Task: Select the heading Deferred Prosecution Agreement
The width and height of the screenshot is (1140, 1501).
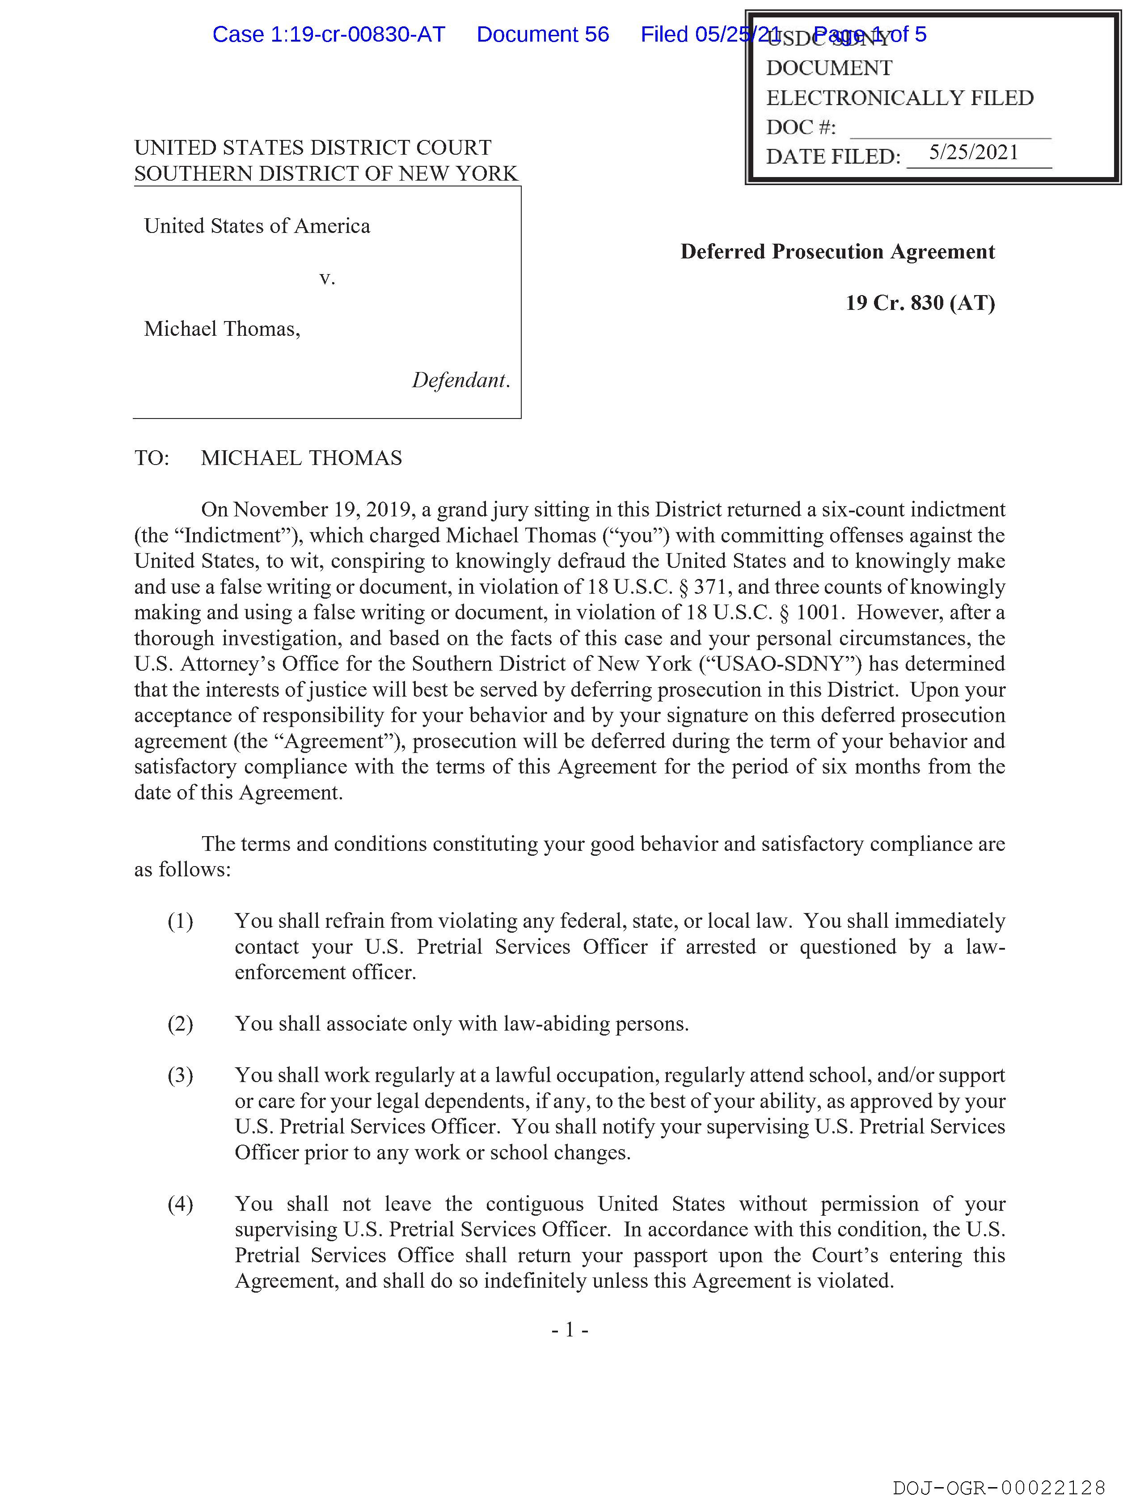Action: (x=837, y=252)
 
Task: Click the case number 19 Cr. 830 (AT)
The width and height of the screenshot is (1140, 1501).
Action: (x=920, y=303)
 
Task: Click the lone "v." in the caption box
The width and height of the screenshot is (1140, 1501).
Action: (x=327, y=278)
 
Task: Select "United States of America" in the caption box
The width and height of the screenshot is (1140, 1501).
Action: (x=257, y=226)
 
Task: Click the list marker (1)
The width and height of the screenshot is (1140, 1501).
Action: (x=181, y=922)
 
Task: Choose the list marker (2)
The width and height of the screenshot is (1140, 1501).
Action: (x=181, y=1024)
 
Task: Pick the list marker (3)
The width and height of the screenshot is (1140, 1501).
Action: (x=181, y=1075)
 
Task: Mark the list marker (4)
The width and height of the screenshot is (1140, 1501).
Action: (x=181, y=1205)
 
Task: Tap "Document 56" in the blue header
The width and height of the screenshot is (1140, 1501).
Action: (x=543, y=34)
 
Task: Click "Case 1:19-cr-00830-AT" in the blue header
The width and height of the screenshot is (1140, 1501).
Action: (x=329, y=34)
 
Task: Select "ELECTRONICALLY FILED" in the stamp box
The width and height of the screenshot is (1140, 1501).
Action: (x=900, y=98)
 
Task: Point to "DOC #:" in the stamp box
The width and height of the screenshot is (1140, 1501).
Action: (x=801, y=127)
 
